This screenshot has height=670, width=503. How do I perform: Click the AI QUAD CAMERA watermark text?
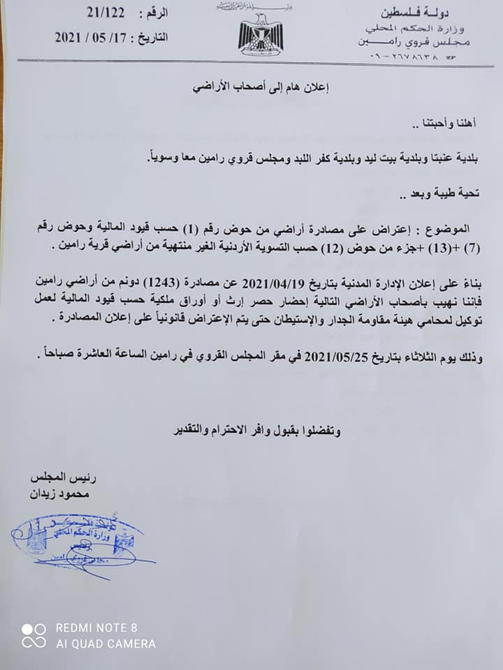[x=105, y=643]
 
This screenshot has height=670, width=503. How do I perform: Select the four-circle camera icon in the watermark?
[x=33, y=635]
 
